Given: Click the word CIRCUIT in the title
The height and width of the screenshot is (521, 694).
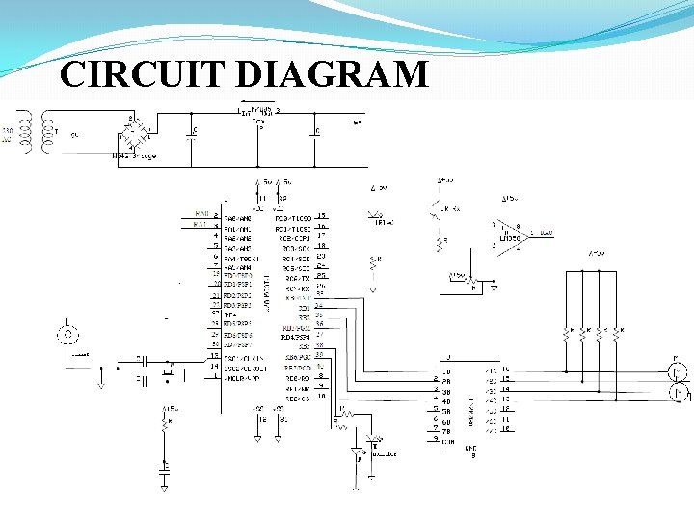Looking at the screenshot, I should click(x=128, y=74).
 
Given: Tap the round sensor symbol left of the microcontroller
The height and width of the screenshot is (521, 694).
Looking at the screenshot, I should click(x=67, y=335).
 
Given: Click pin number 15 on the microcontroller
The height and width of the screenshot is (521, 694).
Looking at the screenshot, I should click(x=321, y=216).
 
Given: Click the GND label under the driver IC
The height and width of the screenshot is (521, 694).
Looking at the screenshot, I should click(x=470, y=447).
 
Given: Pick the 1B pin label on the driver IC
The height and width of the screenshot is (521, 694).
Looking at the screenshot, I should click(x=446, y=371).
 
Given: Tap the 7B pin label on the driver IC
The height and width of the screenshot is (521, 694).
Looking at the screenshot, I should click(x=446, y=429).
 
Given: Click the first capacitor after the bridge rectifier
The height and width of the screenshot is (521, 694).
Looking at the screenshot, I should click(x=193, y=132).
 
